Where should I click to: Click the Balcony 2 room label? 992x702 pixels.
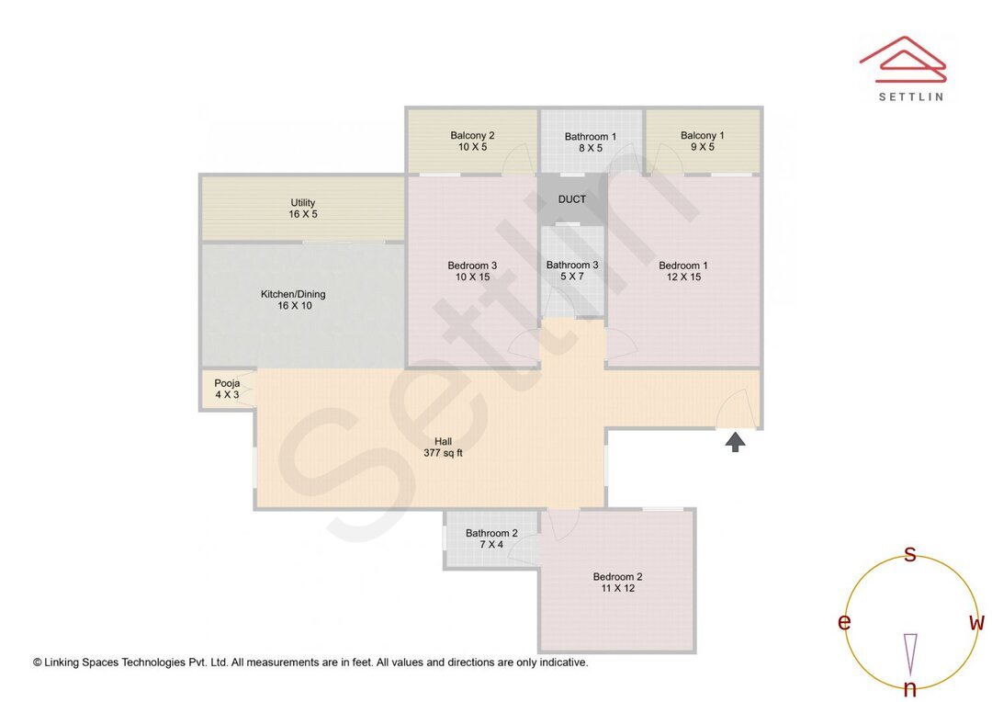(472, 141)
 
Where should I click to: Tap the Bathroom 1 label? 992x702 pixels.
(591, 142)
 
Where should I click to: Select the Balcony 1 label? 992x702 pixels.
(703, 141)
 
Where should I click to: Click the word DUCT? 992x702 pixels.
(571, 199)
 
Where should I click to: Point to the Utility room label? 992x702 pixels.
(303, 209)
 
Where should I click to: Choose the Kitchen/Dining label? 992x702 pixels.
(293, 300)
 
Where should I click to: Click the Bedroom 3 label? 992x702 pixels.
(472, 270)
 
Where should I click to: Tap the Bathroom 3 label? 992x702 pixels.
(572, 270)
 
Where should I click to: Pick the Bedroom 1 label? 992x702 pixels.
(683, 270)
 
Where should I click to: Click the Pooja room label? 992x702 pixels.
(227, 389)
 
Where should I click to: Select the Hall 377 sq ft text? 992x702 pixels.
(443, 447)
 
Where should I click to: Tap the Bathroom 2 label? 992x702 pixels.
(491, 538)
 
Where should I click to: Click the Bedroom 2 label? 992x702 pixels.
(617, 583)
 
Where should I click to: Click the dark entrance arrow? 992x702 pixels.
(735, 443)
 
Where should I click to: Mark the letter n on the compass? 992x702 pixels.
(909, 688)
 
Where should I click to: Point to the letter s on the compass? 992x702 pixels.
(910, 553)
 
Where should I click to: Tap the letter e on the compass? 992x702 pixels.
(843, 622)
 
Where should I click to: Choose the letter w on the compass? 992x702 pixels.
(976, 622)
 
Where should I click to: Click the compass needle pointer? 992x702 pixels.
(910, 653)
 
